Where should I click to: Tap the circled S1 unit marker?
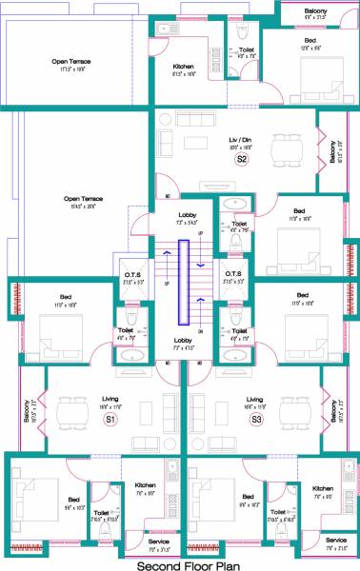[110, 419]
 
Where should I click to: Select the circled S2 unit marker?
[242, 160]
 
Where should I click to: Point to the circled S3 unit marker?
[255, 419]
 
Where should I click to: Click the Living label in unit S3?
[255, 400]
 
